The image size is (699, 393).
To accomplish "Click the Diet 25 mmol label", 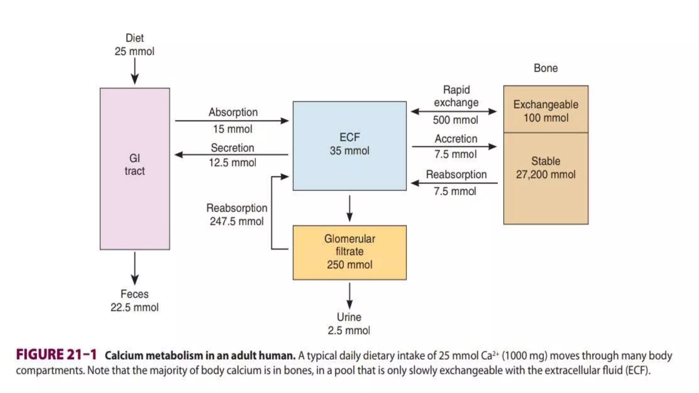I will (x=134, y=45).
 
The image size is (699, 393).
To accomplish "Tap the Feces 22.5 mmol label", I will (x=134, y=301).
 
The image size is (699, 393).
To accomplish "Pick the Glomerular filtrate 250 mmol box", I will (x=349, y=252).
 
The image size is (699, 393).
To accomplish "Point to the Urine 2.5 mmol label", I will (x=349, y=324).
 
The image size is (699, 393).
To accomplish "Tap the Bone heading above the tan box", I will (x=546, y=68).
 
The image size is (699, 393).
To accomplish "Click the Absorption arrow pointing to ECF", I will (x=232, y=121).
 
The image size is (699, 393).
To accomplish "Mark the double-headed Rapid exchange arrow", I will (x=454, y=112).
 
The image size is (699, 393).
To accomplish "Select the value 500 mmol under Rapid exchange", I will (x=455, y=120).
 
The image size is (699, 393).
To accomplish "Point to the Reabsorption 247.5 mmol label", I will (x=237, y=215).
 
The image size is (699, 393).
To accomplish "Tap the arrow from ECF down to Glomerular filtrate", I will (x=349, y=208).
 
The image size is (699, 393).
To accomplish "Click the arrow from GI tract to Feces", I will (x=135, y=268).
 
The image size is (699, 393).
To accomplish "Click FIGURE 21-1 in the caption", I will (x=56, y=355).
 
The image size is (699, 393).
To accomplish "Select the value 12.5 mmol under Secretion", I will (x=232, y=163).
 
